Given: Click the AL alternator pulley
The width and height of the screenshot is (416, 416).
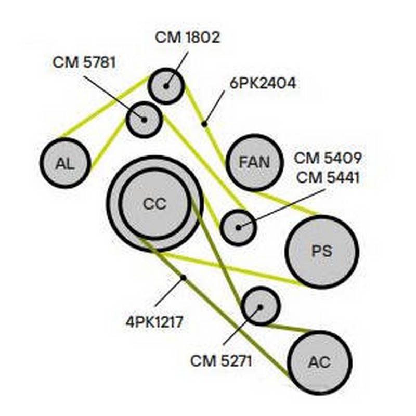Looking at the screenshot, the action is pos(66,163).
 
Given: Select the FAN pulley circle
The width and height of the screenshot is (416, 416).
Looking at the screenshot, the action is pos(254,162).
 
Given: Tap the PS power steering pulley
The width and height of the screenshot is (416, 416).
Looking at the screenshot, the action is pos(322,252).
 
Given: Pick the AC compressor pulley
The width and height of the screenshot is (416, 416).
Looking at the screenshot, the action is pos(319,362).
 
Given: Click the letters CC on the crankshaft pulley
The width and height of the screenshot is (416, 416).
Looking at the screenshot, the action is pos(154,204).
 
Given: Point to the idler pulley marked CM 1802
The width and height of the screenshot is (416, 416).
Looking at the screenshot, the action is pos(166,86).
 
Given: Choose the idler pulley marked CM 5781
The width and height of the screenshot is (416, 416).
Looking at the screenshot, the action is pos(144,120).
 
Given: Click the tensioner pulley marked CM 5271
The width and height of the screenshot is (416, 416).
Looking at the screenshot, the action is pos(261,306).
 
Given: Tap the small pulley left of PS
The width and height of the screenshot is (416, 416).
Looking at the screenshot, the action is pos(239,227).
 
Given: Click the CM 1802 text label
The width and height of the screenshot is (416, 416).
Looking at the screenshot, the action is pos(187,37).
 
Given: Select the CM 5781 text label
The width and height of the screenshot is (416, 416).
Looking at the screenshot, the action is pos(84,62).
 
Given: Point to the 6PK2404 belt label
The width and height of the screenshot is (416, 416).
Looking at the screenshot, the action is pos(263,83).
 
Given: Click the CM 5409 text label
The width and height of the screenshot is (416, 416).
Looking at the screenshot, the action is pos(328,158).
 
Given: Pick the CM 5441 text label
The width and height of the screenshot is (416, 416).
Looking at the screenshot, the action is pos(328,177).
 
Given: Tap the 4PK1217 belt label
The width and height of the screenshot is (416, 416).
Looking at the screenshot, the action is pos(154,322).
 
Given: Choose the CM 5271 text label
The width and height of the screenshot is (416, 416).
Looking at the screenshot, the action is pos(221,361).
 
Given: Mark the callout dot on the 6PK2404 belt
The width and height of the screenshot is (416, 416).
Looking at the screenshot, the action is pos(204,124).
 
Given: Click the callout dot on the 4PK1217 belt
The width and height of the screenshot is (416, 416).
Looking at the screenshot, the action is pos(183,278).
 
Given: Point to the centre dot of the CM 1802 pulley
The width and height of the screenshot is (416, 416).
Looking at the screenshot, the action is pos(166,86).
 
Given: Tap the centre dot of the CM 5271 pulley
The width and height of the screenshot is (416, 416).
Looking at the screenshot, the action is pos(261,307).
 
